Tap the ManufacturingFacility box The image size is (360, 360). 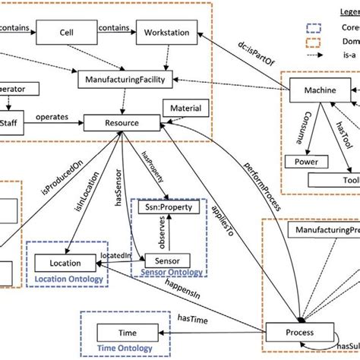tap(128, 77)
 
